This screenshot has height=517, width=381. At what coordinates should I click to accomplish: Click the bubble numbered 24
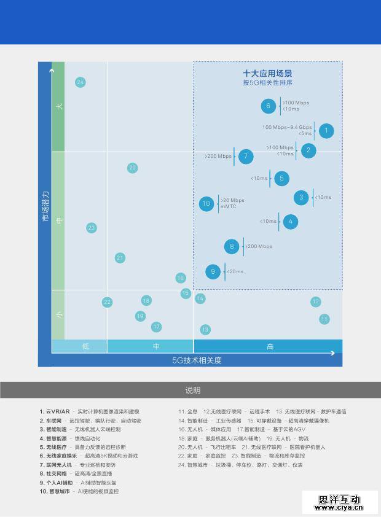[80, 82]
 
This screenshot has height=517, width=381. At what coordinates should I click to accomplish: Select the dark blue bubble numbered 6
[268, 106]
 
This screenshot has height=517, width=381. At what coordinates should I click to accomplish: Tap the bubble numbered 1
[326, 131]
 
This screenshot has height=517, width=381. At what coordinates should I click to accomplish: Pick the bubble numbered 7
[246, 157]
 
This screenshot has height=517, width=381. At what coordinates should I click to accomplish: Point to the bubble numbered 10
[206, 203]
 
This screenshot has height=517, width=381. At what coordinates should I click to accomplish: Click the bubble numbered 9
[213, 271]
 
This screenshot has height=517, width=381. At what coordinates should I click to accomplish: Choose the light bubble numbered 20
[132, 168]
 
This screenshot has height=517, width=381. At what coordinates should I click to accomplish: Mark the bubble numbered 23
[92, 228]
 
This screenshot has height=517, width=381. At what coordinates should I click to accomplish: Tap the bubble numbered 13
[205, 330]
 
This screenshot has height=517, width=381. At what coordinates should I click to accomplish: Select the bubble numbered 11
[324, 319]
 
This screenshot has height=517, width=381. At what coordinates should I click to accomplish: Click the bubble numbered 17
[157, 327]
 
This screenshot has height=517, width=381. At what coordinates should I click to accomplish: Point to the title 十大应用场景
[267, 74]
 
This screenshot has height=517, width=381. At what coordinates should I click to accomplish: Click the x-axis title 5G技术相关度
[197, 360]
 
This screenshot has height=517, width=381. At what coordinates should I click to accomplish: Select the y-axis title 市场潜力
[45, 206]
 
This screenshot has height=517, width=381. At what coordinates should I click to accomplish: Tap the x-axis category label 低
[85, 346]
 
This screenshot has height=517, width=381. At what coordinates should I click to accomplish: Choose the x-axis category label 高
[270, 346]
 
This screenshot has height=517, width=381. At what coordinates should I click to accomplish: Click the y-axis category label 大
[59, 106]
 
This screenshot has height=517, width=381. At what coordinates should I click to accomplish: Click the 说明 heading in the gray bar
[193, 391]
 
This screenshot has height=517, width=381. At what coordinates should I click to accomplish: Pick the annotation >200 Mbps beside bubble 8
[259, 247]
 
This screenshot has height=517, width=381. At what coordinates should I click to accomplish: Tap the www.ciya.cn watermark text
[339, 508]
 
